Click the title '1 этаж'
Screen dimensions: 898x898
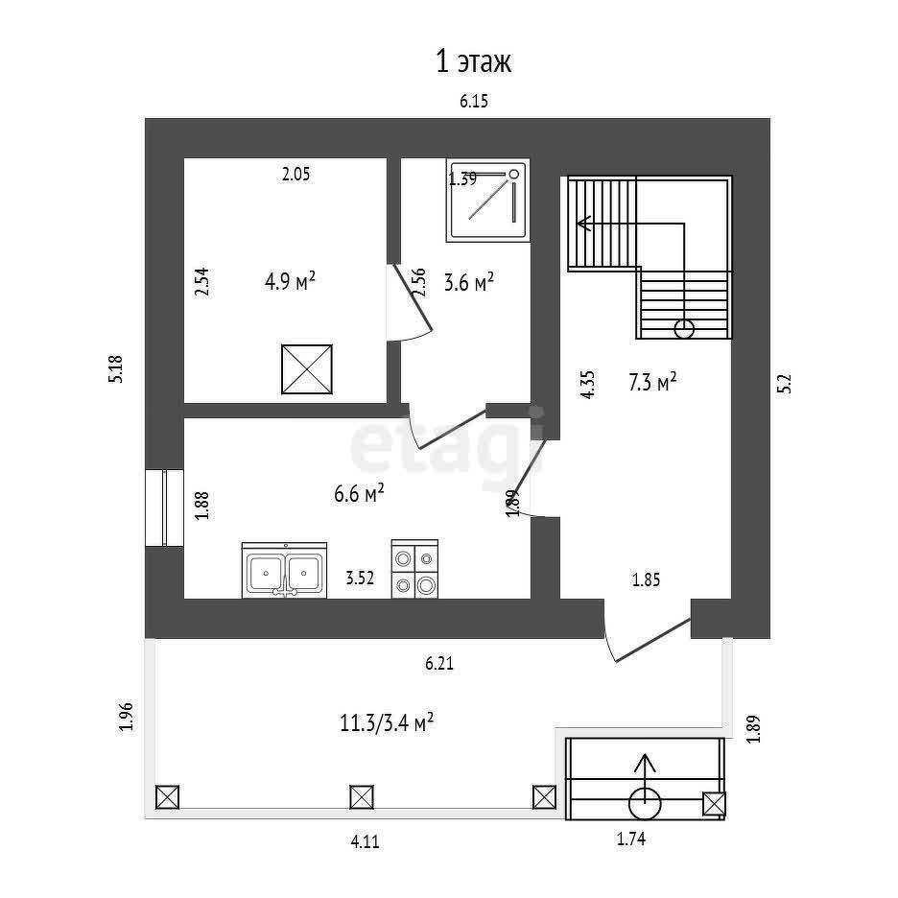474,63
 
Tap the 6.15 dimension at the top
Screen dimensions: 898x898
474,102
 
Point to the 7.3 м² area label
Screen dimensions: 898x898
652,383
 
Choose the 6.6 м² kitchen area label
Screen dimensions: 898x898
359,493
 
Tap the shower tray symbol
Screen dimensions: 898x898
488,201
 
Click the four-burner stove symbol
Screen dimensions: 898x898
415,570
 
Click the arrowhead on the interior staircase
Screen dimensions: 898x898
582,224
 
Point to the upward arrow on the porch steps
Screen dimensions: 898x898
646,765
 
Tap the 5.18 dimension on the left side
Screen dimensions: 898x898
116,369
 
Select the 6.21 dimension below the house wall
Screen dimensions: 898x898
439,662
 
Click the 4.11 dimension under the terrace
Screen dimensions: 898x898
365,842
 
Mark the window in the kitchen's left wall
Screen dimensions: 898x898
165,508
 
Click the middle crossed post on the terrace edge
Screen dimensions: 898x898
361,796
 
